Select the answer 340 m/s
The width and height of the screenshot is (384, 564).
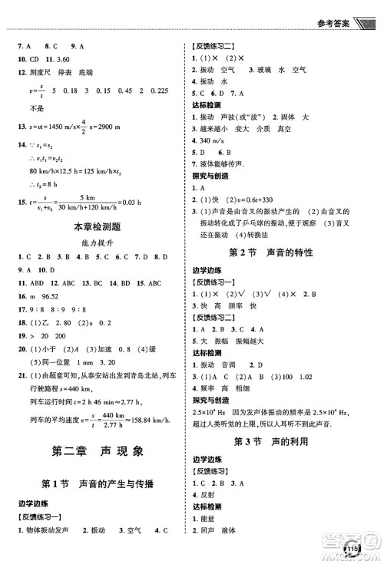217,141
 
